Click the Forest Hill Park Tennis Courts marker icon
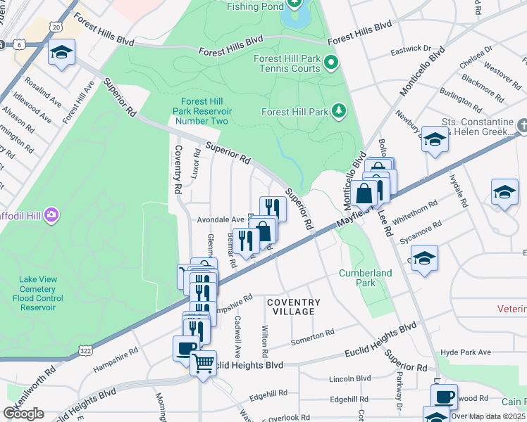coord(330,65)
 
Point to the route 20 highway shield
coord(56,26)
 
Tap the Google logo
coord(24,413)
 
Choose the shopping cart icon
coord(204,364)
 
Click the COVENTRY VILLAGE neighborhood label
coord(294,307)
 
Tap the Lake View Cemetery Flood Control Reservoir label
coord(37,293)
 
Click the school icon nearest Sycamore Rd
coord(424,258)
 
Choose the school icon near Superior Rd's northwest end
coord(61,53)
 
